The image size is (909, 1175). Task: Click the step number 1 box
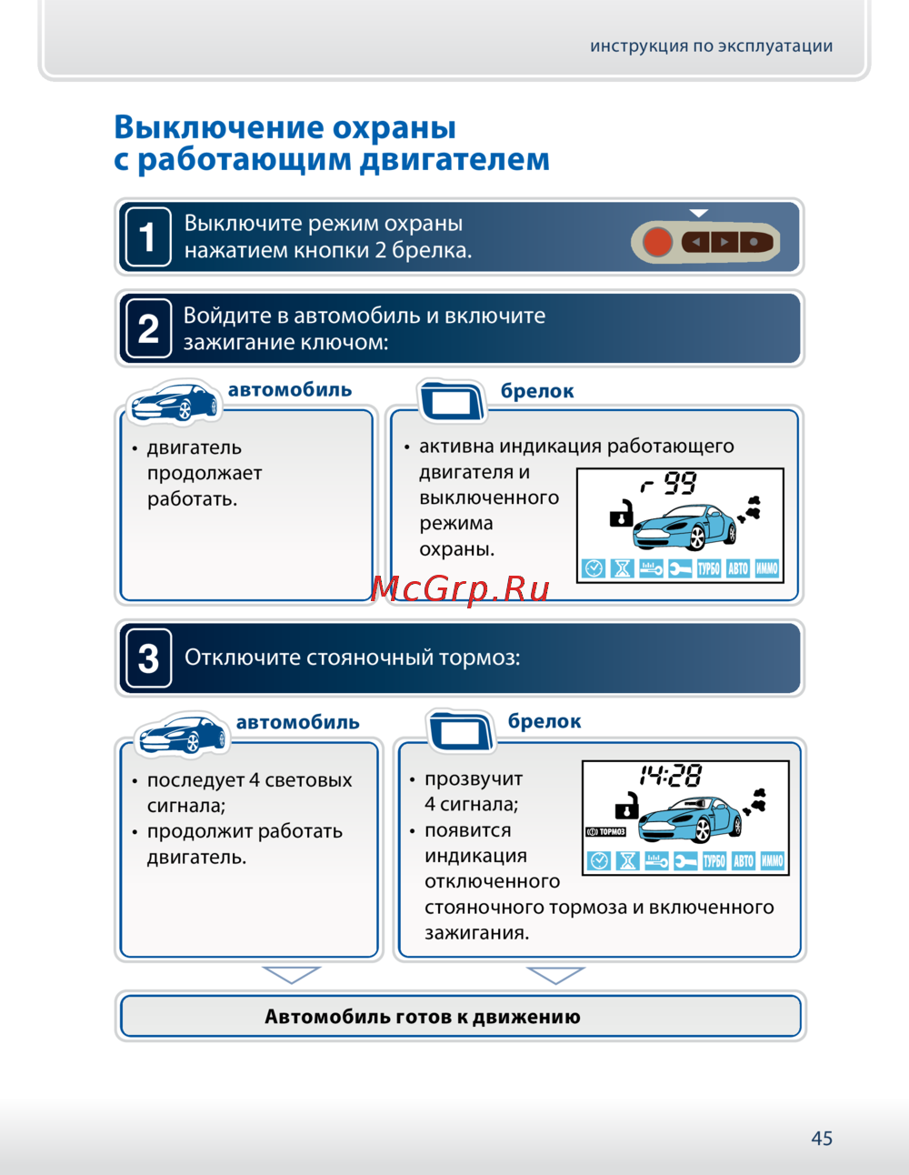[x=147, y=237]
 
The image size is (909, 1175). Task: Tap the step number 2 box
[x=147, y=328]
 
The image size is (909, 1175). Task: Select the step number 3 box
[x=147, y=658]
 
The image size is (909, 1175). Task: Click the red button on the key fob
[x=657, y=242]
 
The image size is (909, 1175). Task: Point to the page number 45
[x=822, y=1138]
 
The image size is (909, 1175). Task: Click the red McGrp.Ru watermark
[x=461, y=589]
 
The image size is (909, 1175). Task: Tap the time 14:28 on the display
[x=671, y=776]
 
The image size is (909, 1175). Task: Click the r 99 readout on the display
[x=669, y=483]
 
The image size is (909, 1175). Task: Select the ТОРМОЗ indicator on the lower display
[x=606, y=831]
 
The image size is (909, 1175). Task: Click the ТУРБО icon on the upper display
[x=709, y=569]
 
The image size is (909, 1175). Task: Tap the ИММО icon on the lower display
[x=773, y=861]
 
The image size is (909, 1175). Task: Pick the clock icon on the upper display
[x=594, y=569]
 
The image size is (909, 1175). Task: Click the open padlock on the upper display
[x=621, y=514]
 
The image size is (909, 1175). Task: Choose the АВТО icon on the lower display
[x=744, y=861]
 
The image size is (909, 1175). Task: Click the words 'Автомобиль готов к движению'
[x=423, y=1017]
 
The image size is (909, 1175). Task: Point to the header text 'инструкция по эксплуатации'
[x=711, y=46]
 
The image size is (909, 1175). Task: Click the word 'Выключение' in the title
[x=218, y=127]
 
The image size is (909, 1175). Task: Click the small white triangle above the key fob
[x=698, y=213]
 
